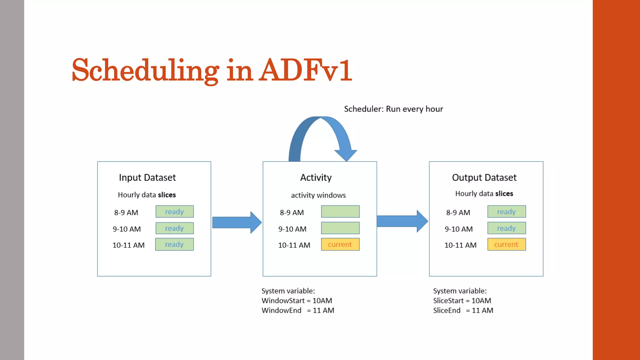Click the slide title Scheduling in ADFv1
tap(212, 70)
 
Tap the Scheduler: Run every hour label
tap(393, 109)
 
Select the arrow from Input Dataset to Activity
tap(237, 222)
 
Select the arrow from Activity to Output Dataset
tap(402, 221)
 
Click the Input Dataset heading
tap(147, 177)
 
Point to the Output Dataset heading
tap(484, 177)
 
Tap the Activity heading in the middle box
tap(316, 177)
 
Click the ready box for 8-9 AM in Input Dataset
tap(174, 212)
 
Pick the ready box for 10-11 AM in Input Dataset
tap(174, 244)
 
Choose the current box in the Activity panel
tap(340, 244)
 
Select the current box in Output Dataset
tap(506, 244)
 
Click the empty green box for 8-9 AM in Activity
tap(340, 212)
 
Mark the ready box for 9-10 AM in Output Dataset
tap(506, 228)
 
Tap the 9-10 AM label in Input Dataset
tap(127, 229)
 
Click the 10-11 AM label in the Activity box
tap(294, 245)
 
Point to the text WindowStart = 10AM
tap(297, 301)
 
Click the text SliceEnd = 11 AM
tap(463, 310)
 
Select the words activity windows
tap(318, 195)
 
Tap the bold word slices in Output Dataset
tap(504, 194)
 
